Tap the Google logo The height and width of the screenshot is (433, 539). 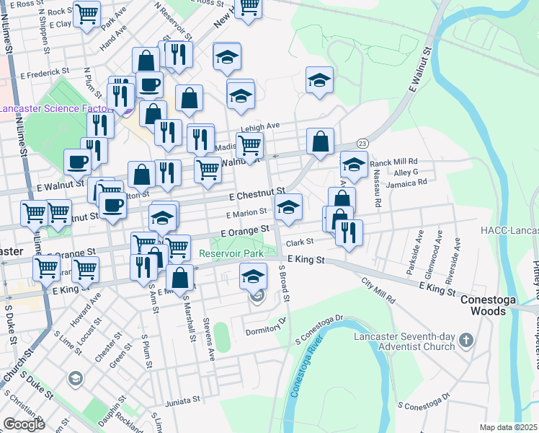click(24, 424)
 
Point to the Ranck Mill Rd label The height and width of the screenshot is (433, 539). click(393, 162)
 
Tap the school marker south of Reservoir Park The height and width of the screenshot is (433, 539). click(253, 277)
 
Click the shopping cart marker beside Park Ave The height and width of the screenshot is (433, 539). click(86, 14)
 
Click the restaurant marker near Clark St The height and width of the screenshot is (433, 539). click(349, 234)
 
